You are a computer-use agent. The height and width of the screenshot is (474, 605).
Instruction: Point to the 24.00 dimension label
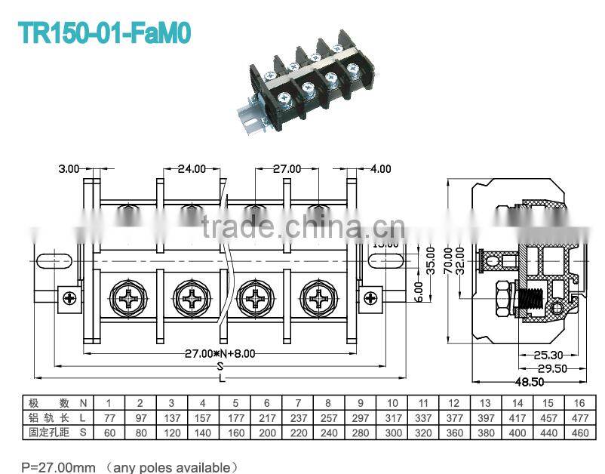[x=192, y=169]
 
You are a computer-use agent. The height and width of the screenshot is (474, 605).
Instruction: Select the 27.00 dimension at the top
[x=286, y=169]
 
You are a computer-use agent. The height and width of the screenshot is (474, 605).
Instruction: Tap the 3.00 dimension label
[x=69, y=169]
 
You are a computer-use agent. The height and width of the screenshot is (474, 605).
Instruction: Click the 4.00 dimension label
[x=380, y=169]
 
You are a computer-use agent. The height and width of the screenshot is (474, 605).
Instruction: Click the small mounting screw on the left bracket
[x=71, y=297]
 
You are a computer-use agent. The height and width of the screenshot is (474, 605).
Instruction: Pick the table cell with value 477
[x=579, y=418]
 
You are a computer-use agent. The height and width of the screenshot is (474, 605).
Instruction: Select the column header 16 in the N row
[x=579, y=403]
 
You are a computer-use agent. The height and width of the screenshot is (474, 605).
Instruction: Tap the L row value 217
[x=266, y=418]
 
